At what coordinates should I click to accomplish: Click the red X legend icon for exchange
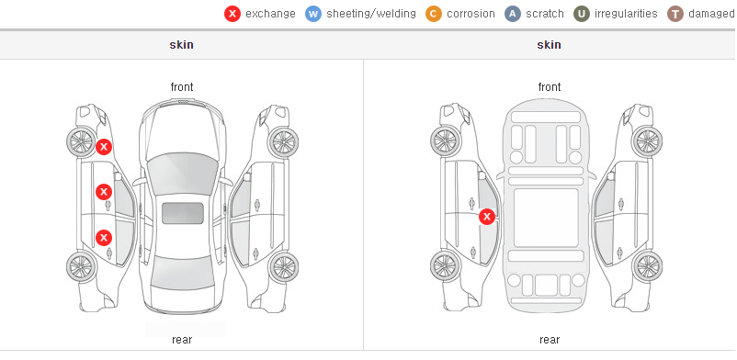(232, 14)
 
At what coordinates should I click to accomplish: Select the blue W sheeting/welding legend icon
(313, 14)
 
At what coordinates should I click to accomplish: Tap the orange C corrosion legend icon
(434, 14)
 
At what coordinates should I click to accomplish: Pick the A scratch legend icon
(513, 14)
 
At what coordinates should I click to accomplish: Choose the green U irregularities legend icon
(582, 14)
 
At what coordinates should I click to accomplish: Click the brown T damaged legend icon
(675, 14)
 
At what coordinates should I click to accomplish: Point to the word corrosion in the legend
(471, 14)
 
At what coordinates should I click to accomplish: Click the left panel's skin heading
(181, 45)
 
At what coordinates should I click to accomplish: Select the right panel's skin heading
(549, 45)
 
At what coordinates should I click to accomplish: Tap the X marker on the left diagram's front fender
(104, 147)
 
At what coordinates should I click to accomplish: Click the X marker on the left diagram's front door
(104, 192)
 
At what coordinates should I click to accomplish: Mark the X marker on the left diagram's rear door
(104, 238)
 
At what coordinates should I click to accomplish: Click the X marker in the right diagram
(487, 217)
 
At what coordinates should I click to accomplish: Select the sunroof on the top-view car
(183, 213)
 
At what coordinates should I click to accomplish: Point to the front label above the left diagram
(182, 87)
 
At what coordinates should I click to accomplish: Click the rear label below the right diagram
(550, 340)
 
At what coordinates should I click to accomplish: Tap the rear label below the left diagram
(182, 340)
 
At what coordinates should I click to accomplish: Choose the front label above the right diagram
(550, 87)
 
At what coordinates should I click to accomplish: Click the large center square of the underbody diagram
(546, 218)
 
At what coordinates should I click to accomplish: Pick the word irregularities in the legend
(626, 14)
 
